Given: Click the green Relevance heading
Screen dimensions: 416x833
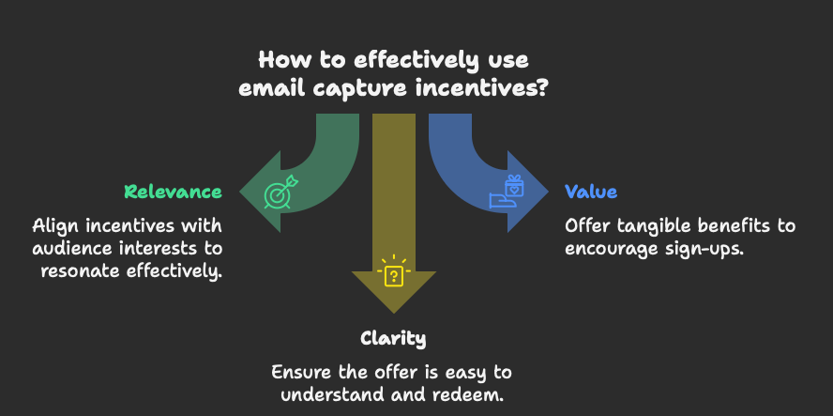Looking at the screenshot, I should coord(174,193).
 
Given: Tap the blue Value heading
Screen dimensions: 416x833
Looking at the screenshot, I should coord(591,193).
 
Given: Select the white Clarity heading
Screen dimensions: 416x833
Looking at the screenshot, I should coord(393,338).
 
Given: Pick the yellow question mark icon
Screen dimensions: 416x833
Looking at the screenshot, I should coord(394,274).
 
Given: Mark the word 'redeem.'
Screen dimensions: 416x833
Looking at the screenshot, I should coord(474,393).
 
